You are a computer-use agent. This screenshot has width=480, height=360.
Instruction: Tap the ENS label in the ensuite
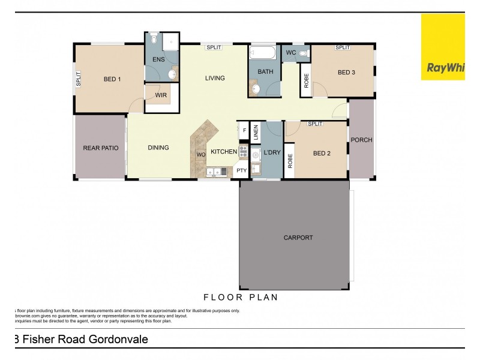click(x=158, y=59)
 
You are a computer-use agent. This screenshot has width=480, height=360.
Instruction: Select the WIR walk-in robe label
click(x=160, y=95)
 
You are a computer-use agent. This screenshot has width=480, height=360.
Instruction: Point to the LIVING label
click(x=215, y=78)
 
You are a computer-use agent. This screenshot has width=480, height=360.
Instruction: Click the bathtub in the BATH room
click(x=262, y=53)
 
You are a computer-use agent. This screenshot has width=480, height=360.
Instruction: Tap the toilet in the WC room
click(x=302, y=53)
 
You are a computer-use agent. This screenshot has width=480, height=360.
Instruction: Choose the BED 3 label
click(x=346, y=73)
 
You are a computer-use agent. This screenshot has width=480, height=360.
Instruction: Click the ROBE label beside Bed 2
click(x=290, y=161)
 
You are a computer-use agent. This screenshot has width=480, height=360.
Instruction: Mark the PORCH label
click(x=361, y=140)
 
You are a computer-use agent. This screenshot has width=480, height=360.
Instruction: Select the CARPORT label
click(x=298, y=238)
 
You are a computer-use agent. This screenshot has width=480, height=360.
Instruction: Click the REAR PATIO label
click(x=101, y=148)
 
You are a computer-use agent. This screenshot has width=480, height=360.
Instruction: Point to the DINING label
click(x=158, y=148)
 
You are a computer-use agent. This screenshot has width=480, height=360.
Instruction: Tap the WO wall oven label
click(x=201, y=155)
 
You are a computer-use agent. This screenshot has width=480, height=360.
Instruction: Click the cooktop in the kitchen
click(x=243, y=151)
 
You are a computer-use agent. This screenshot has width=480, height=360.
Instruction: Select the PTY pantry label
click(x=242, y=170)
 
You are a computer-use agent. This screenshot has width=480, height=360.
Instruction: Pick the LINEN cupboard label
click(x=255, y=131)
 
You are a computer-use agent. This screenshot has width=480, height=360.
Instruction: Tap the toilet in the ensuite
click(x=154, y=40)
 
